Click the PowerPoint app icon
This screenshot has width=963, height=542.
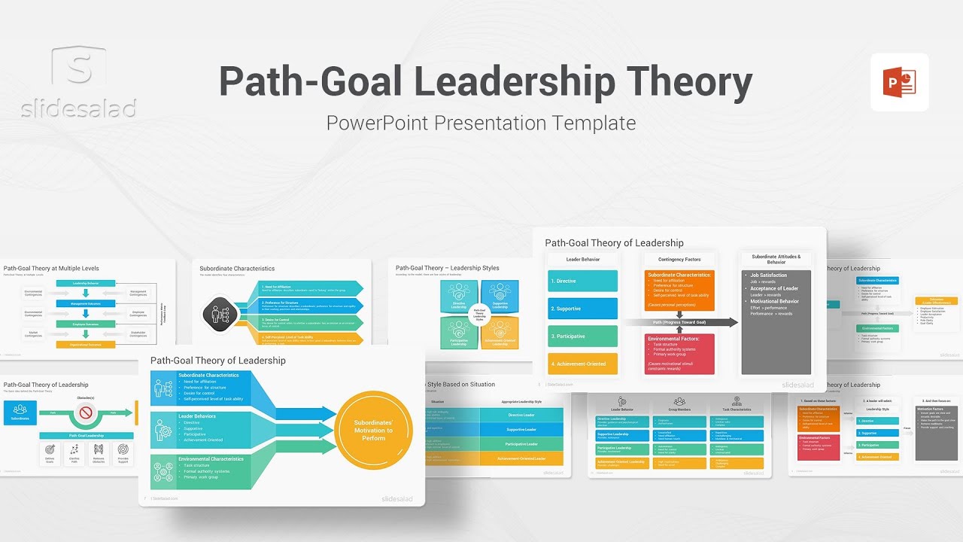[900, 82]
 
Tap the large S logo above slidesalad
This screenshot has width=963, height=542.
[78, 67]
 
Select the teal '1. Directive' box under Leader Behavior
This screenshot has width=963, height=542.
[582, 281]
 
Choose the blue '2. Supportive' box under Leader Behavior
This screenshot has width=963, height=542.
[582, 309]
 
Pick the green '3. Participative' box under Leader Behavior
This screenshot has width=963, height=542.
[582, 336]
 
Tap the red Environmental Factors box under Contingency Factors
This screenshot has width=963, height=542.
[679, 353]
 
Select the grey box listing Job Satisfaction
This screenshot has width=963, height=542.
[776, 322]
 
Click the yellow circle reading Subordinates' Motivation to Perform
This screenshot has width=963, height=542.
[374, 430]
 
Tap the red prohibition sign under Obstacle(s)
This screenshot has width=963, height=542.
[86, 413]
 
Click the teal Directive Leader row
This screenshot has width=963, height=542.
[521, 415]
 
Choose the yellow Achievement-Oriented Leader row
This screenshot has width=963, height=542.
[521, 458]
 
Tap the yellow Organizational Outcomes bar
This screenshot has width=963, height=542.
[86, 344]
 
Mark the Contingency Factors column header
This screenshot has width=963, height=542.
[679, 260]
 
